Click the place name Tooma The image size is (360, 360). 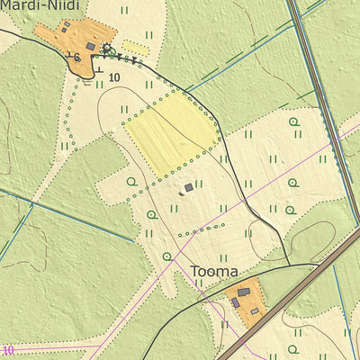click(x=214, y=271)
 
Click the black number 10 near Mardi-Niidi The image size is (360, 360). click(x=113, y=78)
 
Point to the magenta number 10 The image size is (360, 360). click(x=9, y=350)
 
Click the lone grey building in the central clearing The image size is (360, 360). click(x=188, y=187)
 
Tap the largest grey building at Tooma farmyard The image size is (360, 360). click(x=243, y=292)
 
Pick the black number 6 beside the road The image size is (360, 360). click(x=77, y=58)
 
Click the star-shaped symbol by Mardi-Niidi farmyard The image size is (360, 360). click(x=108, y=48)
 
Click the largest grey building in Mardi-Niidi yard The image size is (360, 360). click(x=90, y=45)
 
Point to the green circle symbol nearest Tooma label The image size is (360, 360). click(x=167, y=256)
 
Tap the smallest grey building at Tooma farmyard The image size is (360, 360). click(x=255, y=311)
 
